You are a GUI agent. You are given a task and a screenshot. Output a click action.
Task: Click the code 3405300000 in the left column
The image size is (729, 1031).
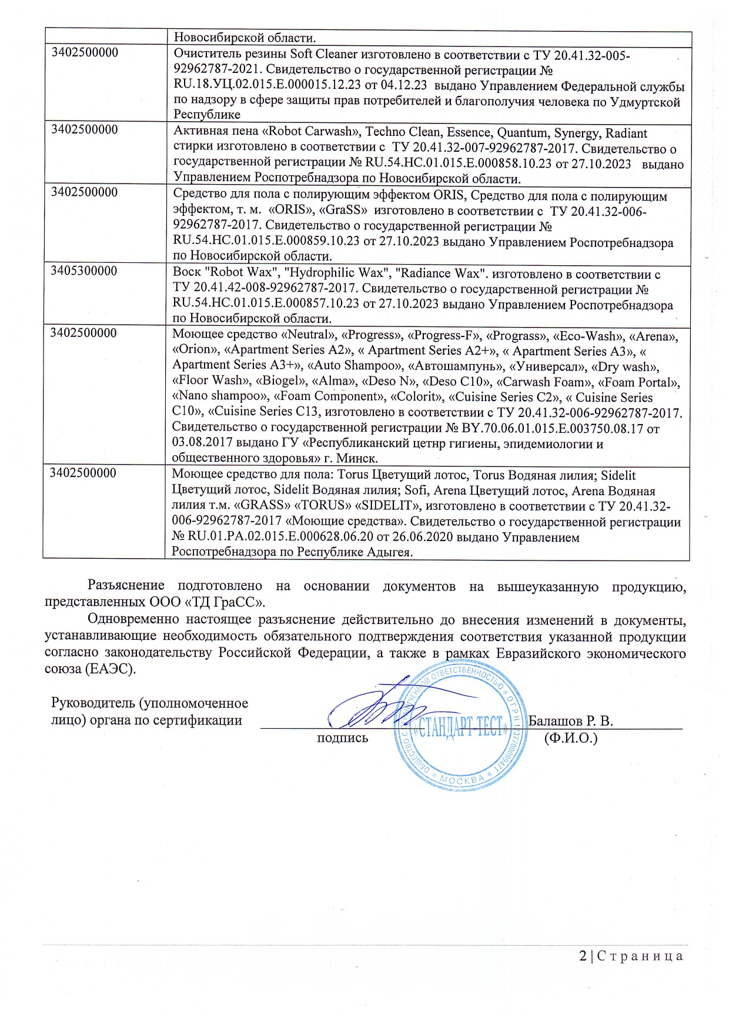(x=83, y=271)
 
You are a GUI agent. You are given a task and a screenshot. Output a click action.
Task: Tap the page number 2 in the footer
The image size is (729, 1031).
(x=583, y=956)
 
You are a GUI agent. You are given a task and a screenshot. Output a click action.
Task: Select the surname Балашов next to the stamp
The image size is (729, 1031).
(x=555, y=721)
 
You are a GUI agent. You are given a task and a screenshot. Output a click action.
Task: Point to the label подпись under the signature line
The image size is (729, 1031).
(x=342, y=738)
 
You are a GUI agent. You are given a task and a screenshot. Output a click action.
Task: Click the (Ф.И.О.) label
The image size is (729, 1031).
(x=571, y=738)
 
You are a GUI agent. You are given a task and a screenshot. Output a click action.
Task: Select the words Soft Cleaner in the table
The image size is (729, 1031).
(x=324, y=55)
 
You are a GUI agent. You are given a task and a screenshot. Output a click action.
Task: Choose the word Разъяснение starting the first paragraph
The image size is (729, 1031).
(x=126, y=586)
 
